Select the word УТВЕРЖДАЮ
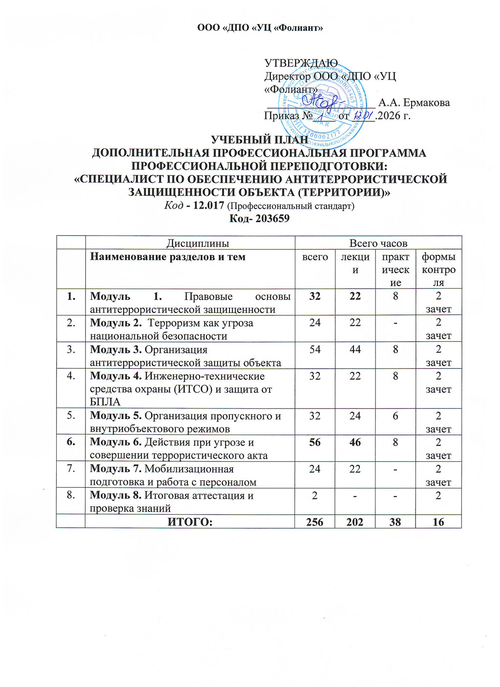click(x=301, y=63)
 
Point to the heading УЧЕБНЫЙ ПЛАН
click(x=259, y=140)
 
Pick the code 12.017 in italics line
click(x=208, y=206)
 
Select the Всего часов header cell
click(x=378, y=243)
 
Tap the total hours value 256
click(x=315, y=522)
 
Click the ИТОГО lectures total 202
click(x=355, y=522)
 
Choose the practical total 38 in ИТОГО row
click(x=395, y=522)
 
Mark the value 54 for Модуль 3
click(x=315, y=350)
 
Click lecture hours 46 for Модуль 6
click(x=355, y=442)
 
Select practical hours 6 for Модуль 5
click(x=395, y=416)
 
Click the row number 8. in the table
click(x=71, y=495)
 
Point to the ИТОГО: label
click(x=190, y=522)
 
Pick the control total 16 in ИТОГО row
click(x=438, y=522)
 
